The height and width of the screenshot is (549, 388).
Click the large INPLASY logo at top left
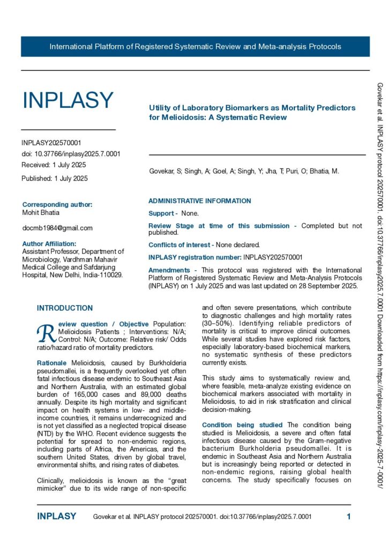click(68, 100)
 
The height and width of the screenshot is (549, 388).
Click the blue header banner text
click(195, 47)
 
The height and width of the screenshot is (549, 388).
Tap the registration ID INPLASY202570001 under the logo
click(51, 143)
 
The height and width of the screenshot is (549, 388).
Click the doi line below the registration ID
click(71, 154)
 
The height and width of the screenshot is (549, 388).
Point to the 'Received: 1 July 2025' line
click(54, 165)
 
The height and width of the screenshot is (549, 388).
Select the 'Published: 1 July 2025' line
click(55, 178)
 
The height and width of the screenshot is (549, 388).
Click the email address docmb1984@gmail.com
click(57, 228)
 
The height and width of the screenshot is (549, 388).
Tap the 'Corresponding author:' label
click(57, 204)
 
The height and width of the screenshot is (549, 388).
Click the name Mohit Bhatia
click(41, 212)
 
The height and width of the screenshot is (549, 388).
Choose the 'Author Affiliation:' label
click(51, 243)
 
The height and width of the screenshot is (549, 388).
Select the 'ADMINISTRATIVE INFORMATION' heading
click(199, 201)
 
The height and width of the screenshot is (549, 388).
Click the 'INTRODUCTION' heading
click(65, 308)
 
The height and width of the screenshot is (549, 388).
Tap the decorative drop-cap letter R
click(44, 333)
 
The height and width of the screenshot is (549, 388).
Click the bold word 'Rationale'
click(52, 363)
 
